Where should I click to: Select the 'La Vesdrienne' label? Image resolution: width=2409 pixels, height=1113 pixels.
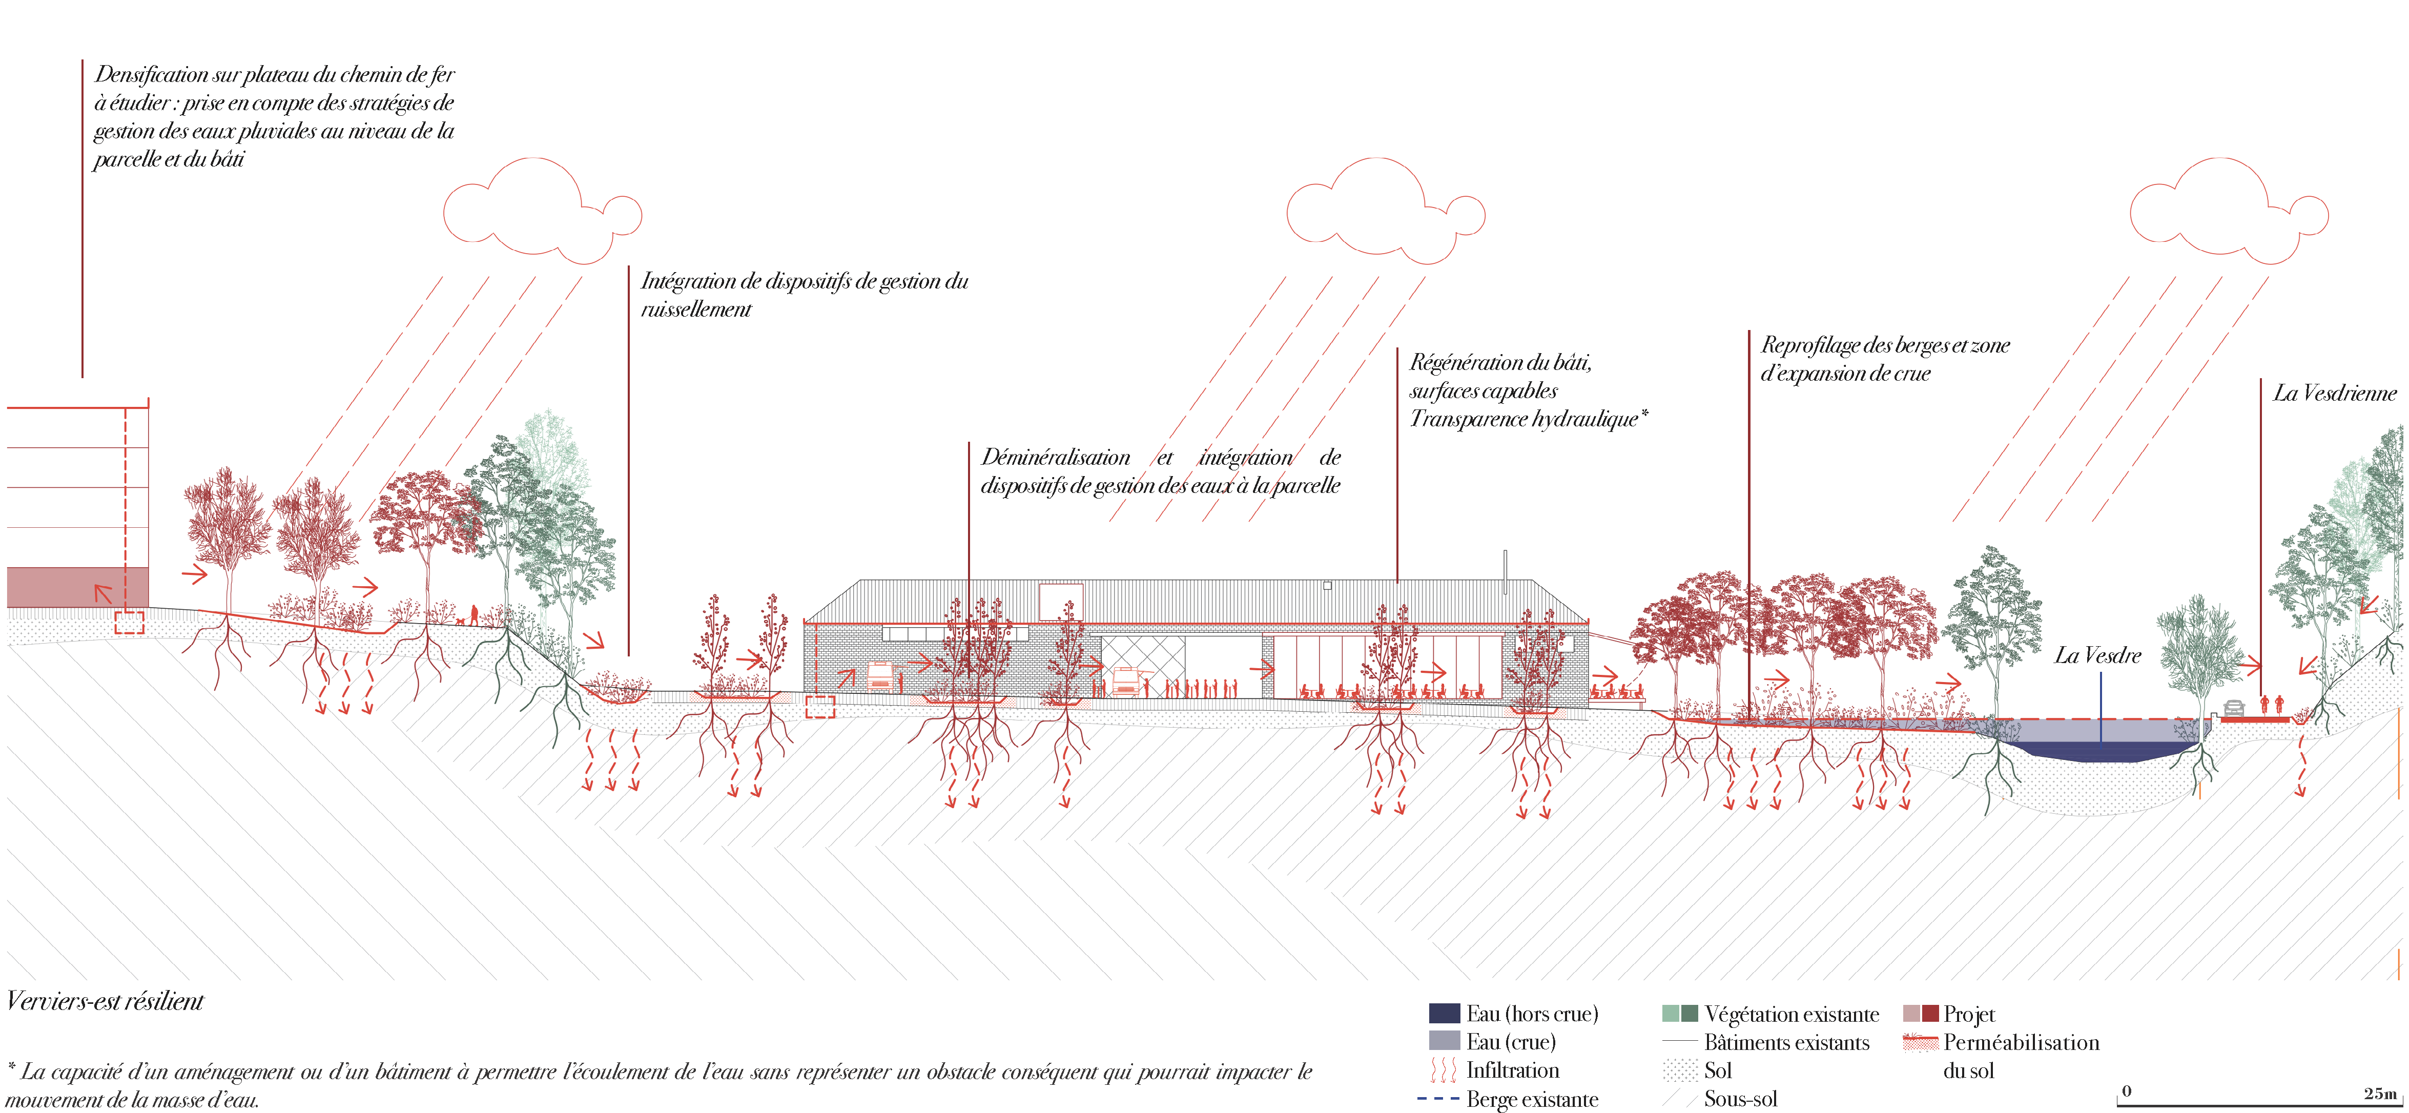coord(2334,394)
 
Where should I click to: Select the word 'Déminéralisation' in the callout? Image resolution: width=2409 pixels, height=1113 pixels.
coord(1055,458)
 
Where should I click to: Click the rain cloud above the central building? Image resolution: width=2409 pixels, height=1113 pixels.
coord(1384,211)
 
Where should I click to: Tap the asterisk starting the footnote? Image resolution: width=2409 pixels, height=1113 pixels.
coord(11,1067)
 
